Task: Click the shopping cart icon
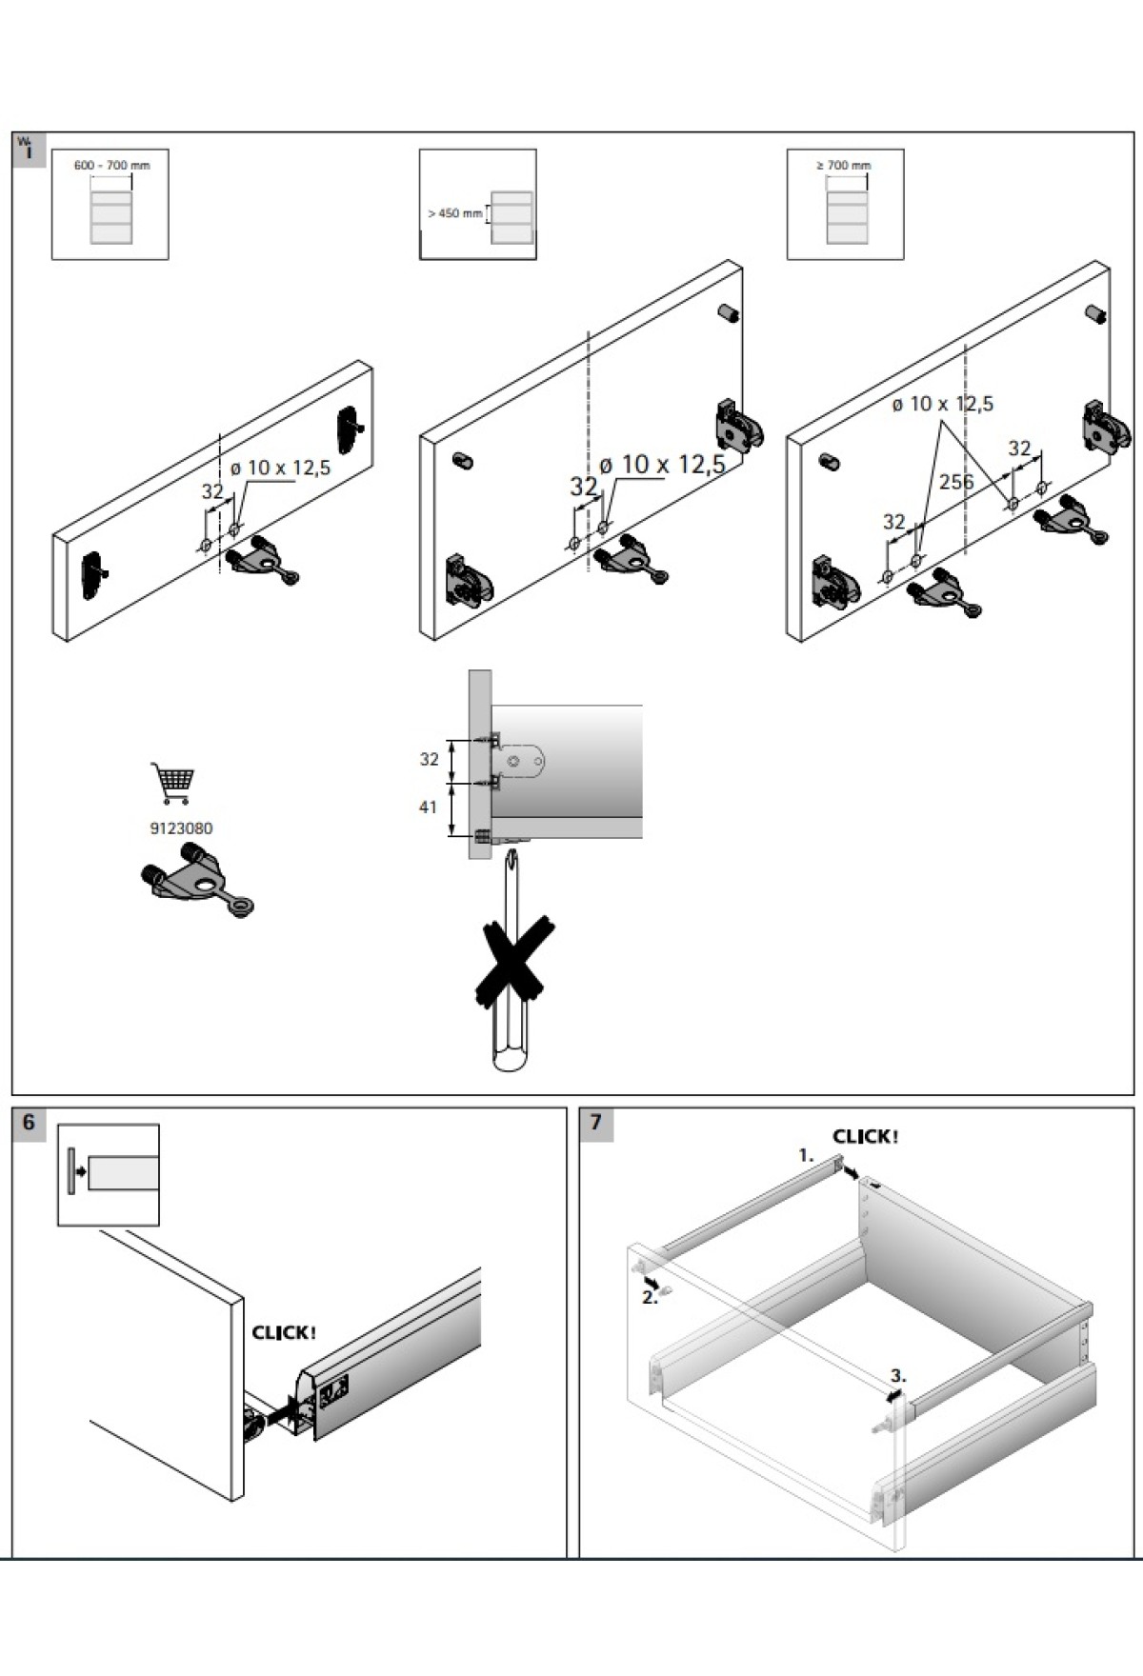click(172, 783)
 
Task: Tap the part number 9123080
click(181, 828)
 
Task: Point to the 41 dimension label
click(428, 808)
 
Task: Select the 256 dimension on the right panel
click(956, 482)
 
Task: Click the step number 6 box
click(29, 1123)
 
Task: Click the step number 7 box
click(596, 1123)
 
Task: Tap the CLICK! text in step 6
click(284, 1332)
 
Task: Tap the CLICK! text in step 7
click(865, 1136)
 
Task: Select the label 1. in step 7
click(806, 1155)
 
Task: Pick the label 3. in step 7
click(898, 1376)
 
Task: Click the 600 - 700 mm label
click(111, 166)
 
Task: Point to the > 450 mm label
click(455, 213)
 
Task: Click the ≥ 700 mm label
click(844, 166)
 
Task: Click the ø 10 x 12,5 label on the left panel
click(280, 468)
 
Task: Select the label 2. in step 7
click(649, 1298)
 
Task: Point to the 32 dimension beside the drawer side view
click(430, 759)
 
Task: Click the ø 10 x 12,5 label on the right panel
click(942, 404)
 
